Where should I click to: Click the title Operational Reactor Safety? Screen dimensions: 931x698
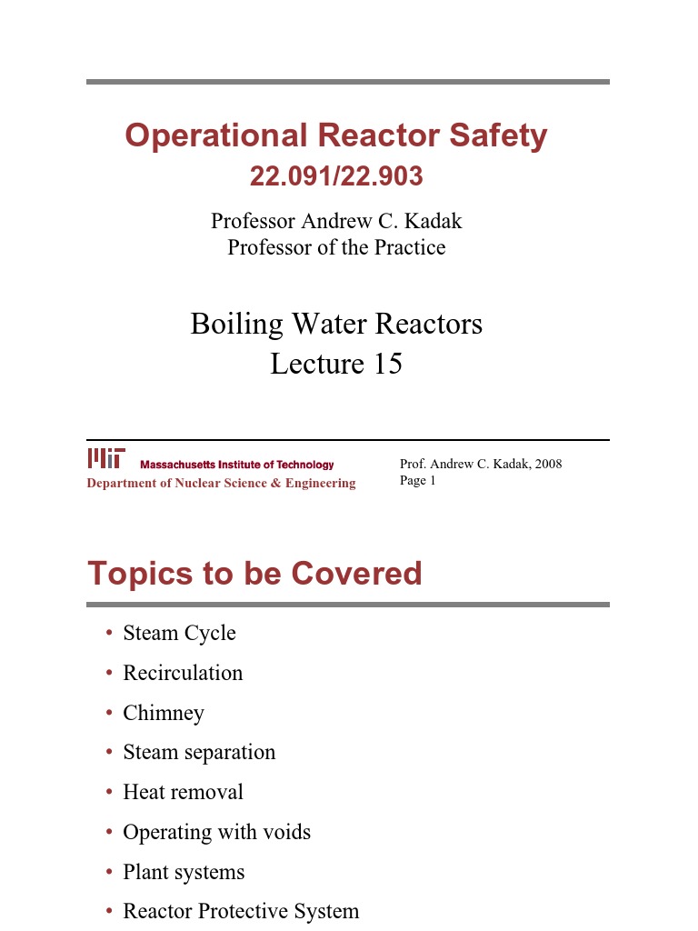tap(336, 136)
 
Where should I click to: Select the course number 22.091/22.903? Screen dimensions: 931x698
tap(336, 176)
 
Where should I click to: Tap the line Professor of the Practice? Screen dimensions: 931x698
tap(336, 247)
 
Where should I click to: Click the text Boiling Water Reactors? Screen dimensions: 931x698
tap(336, 324)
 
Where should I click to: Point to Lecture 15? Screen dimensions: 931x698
tap(336, 364)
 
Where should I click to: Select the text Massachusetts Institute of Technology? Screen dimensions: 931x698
tap(236, 465)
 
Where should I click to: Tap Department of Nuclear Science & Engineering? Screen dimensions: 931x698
tap(221, 483)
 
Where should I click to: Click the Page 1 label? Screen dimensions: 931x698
tap(418, 480)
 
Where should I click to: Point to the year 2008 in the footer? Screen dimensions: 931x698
tap(548, 464)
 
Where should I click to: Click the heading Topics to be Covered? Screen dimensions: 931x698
tap(254, 574)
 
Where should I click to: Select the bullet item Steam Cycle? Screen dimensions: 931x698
tap(179, 633)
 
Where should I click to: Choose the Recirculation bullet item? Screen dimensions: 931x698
tap(183, 673)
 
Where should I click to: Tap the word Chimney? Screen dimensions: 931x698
tap(164, 713)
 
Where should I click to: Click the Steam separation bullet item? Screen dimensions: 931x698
tap(199, 752)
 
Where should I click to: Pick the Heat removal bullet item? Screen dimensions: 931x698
tap(183, 792)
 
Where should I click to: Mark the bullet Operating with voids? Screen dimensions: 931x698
tap(216, 832)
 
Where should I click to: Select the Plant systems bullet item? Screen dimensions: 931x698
tap(184, 872)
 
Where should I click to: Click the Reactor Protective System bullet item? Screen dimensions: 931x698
tap(241, 911)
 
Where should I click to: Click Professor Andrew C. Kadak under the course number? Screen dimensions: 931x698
tap(336, 221)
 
